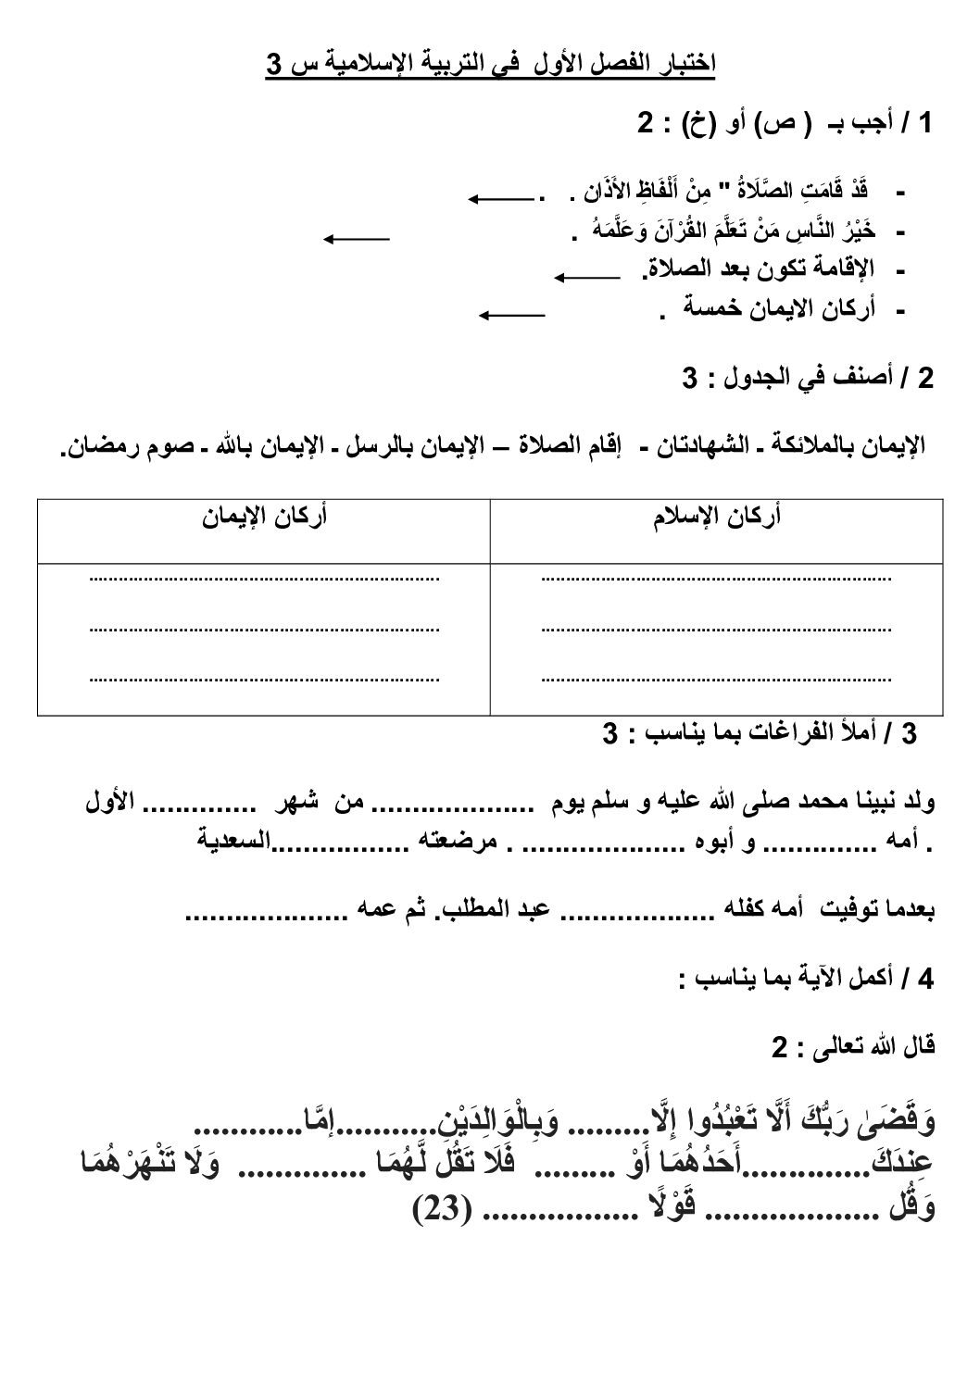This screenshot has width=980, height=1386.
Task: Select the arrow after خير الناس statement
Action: pyautogui.click(x=356, y=239)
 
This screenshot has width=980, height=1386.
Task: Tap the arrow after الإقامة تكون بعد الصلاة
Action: pyautogui.click(x=587, y=275)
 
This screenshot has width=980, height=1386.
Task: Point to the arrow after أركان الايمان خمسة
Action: pyautogui.click(x=511, y=315)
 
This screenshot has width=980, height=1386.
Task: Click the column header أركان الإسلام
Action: pyautogui.click(x=715, y=517)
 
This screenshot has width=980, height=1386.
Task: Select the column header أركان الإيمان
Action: pyautogui.click(x=264, y=517)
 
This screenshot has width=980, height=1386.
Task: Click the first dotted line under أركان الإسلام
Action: pyautogui.click(x=715, y=579)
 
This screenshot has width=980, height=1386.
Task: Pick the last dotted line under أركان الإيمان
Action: pyautogui.click(x=264, y=679)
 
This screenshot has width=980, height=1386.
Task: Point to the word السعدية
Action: pyautogui.click(x=235, y=842)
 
